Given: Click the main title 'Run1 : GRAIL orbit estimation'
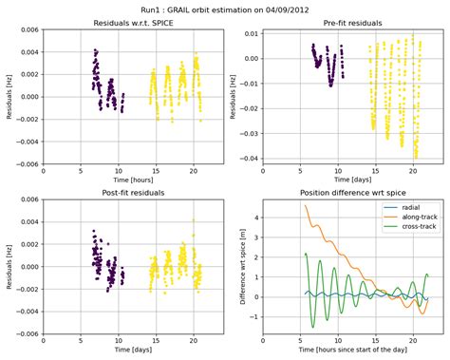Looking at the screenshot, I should coord(224,9).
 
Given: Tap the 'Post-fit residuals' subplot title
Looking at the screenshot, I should coord(133,193).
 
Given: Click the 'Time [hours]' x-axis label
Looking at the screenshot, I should coord(133,178).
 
